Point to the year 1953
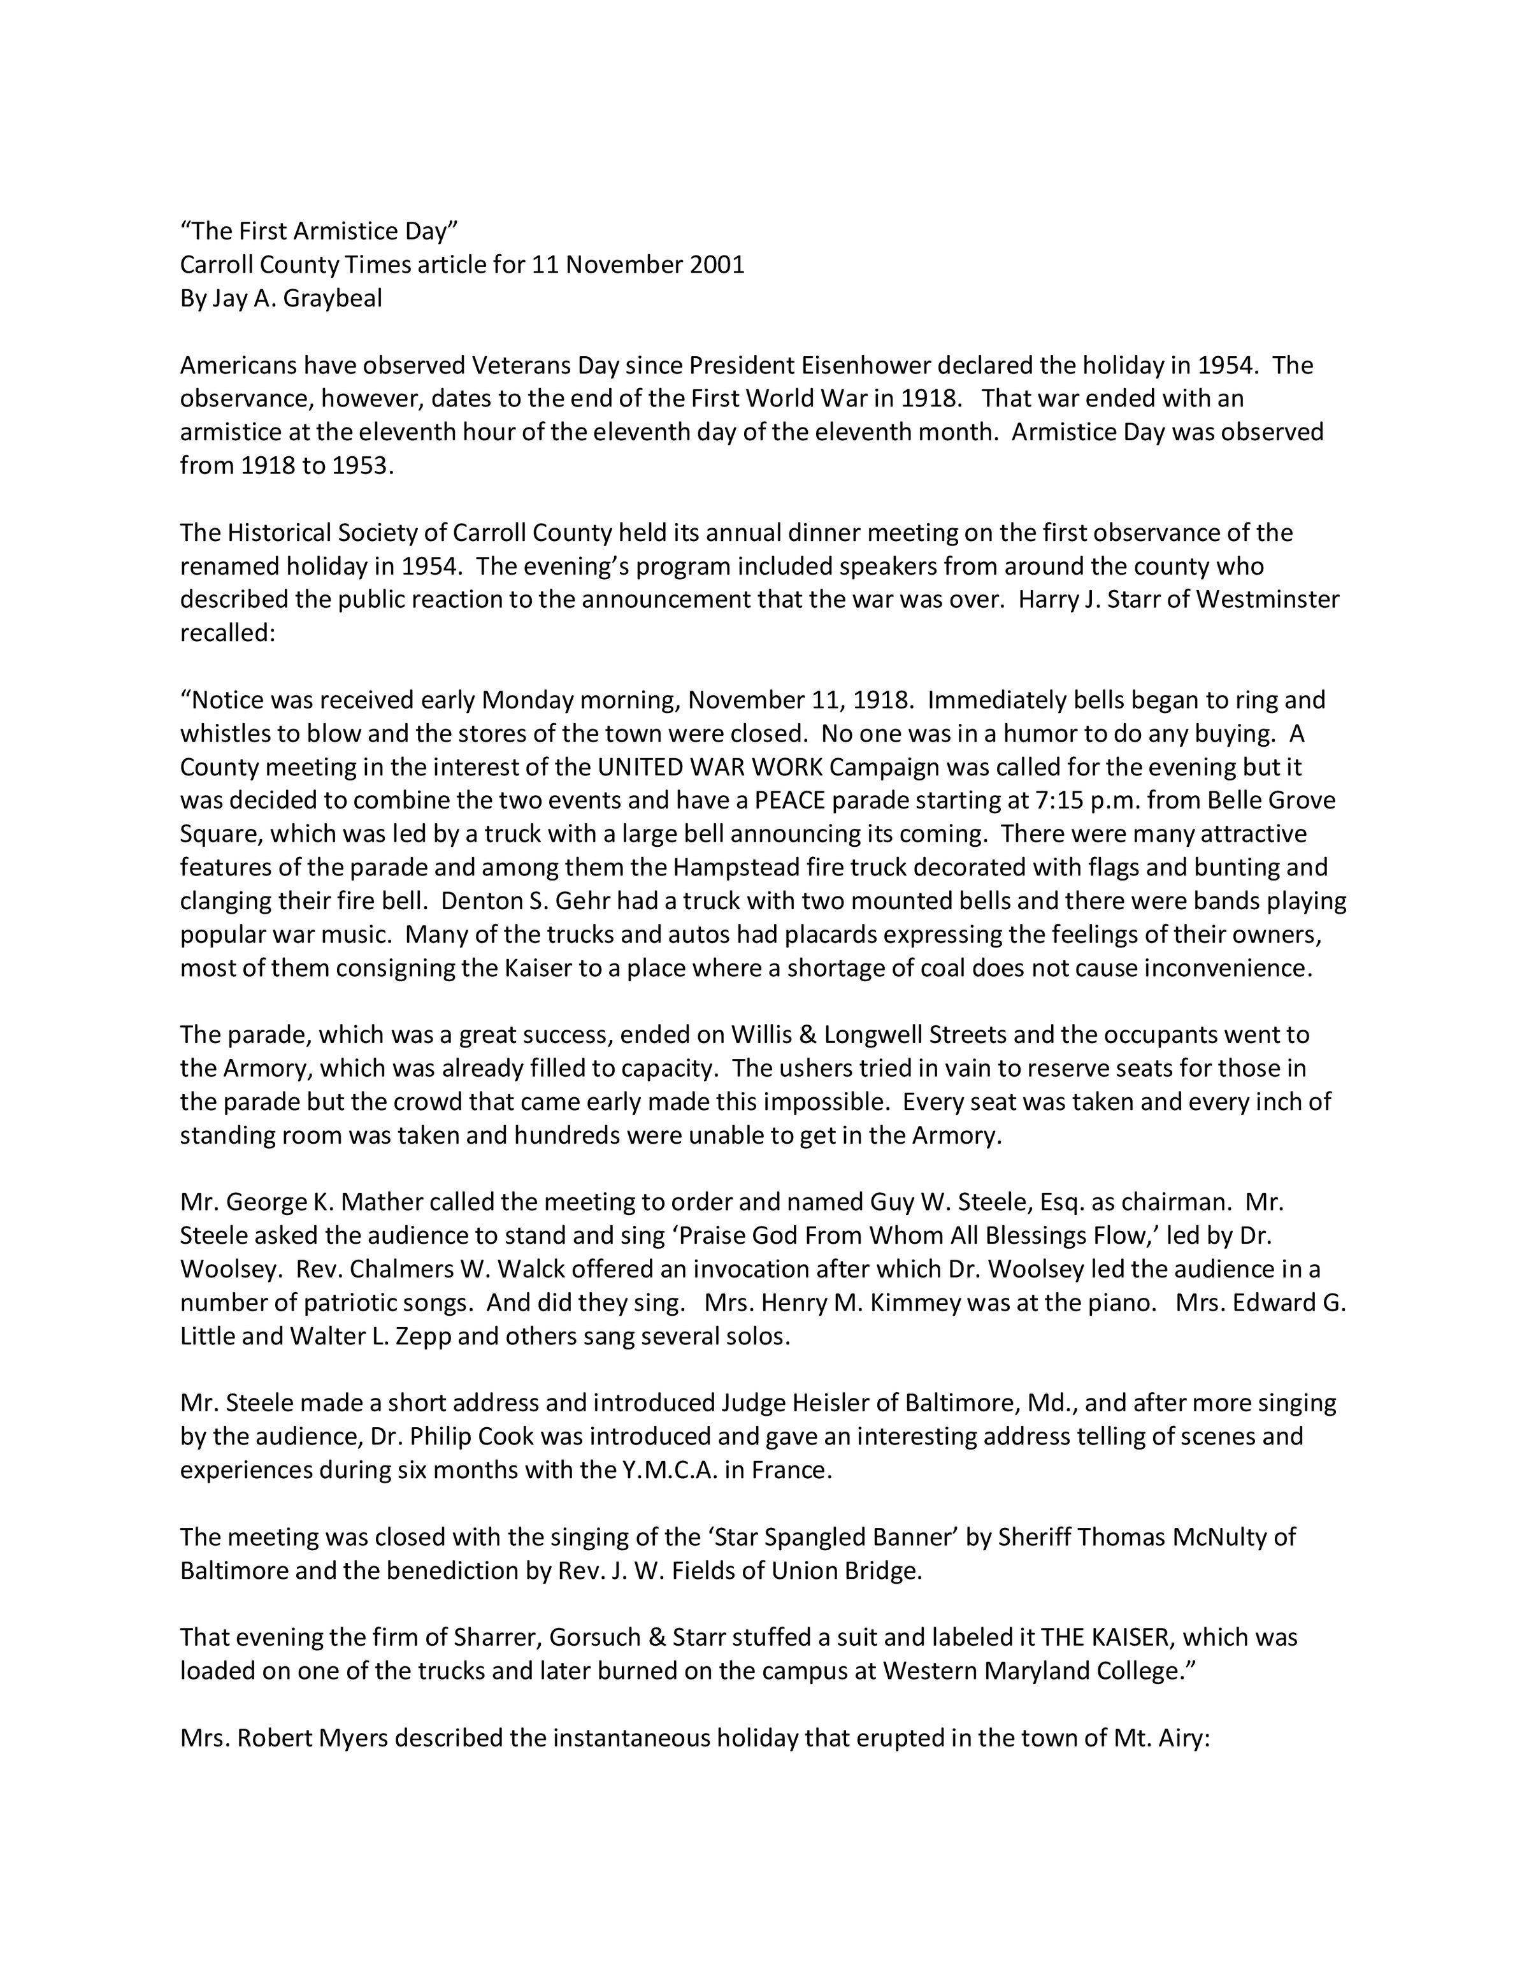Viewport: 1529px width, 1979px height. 363,466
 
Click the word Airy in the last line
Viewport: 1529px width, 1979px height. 1181,1737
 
